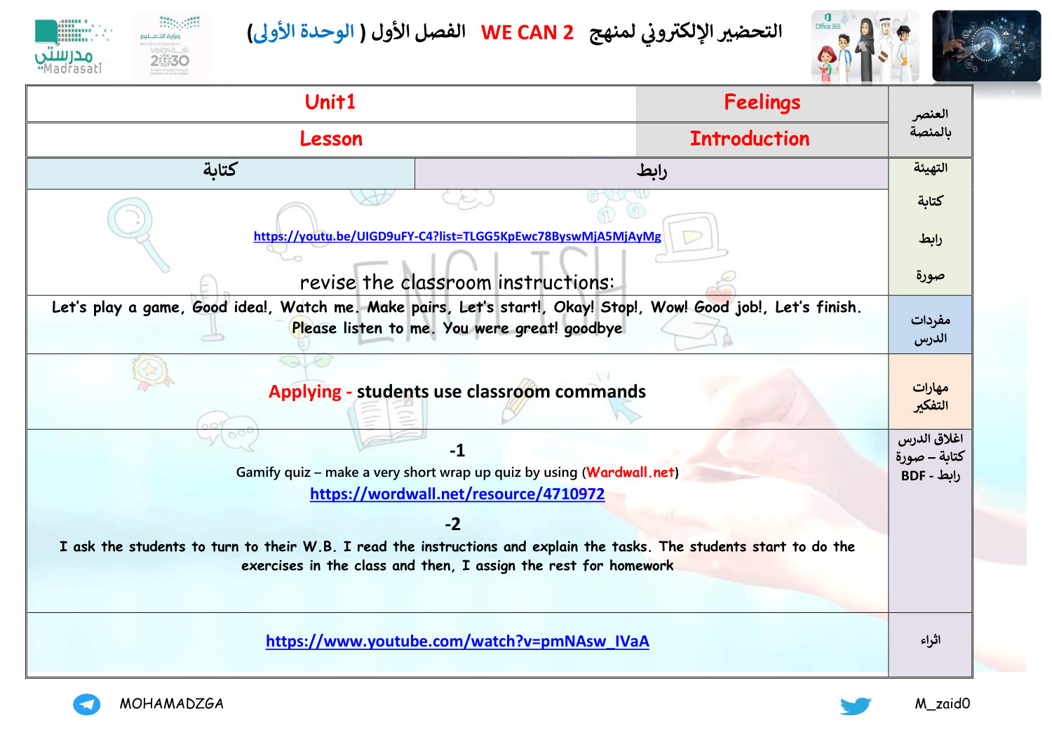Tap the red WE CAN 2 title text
[527, 32]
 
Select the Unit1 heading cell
[330, 102]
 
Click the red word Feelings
[762, 102]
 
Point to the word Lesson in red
[331, 139]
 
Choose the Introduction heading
[749, 139]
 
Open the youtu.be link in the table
[457, 236]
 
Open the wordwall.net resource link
[457, 494]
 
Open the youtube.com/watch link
[457, 641]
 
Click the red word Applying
[304, 391]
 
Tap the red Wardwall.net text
[630, 473]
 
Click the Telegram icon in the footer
[86, 704]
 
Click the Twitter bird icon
[856, 705]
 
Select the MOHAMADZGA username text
[171, 704]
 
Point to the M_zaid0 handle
[942, 704]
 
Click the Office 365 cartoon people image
[865, 47]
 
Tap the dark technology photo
[986, 46]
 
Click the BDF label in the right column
[913, 476]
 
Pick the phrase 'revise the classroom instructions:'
[457, 283]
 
